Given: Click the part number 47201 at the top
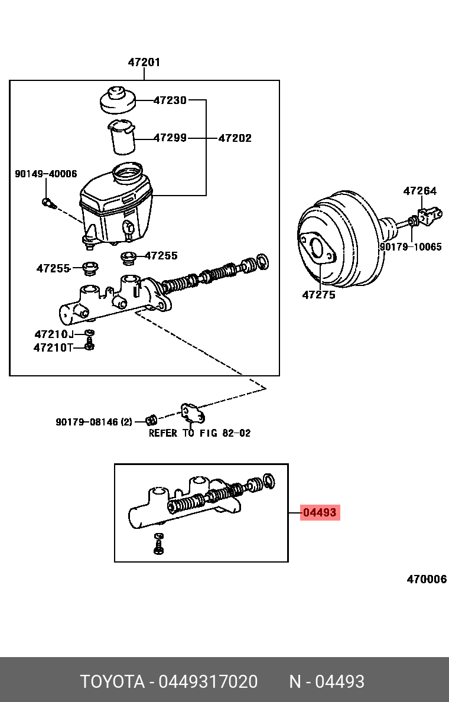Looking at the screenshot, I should coord(144,62).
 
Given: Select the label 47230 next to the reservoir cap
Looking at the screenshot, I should coord(170,100).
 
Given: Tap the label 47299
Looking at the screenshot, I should coord(170,138).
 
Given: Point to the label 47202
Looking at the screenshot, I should coord(235,138).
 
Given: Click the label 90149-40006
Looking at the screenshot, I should coord(45,174).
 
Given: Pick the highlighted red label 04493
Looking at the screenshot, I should coord(320,513).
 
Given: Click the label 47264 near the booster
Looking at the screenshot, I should coord(419,191).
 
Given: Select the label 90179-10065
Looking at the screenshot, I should coord(410,247).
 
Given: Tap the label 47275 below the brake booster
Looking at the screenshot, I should coord(318,294).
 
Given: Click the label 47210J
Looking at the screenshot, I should coord(54,334).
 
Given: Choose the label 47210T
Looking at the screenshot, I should coord(53,347).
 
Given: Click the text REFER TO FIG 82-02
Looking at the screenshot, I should coord(199,433).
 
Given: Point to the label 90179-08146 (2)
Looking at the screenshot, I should coord(94,422).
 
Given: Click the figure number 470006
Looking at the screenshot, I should coord(426,579).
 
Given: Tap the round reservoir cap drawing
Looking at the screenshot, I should coord(117,100).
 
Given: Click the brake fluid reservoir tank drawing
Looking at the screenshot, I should coord(116,204).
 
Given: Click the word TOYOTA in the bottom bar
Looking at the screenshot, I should coord(112,682).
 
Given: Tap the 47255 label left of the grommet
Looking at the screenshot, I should coord(53,268).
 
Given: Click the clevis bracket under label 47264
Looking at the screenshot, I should coord(430,215).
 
